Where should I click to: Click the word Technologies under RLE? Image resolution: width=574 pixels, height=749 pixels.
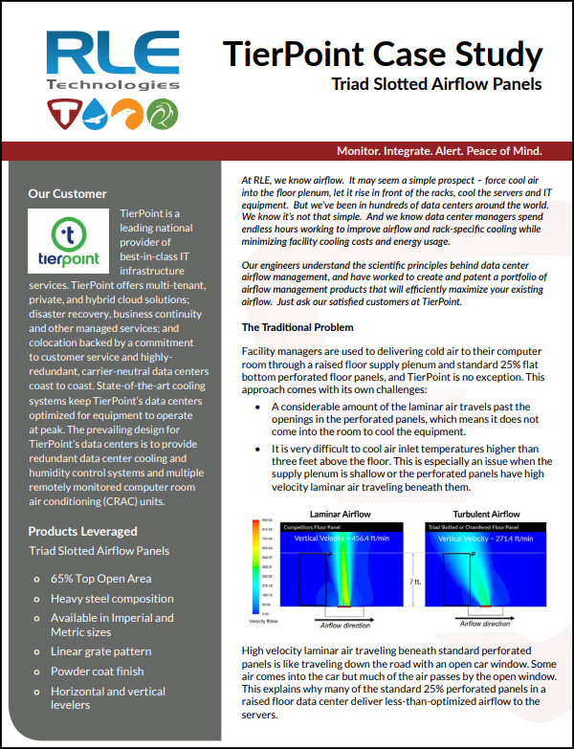tap(113, 86)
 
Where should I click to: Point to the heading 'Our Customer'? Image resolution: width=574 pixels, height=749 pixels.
tap(67, 193)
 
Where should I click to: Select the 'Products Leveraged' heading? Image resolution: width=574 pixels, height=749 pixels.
tap(82, 531)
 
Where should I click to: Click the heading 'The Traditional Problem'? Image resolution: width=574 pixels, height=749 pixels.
tap(298, 327)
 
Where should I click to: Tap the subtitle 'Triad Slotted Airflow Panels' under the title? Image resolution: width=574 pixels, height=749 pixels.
tap(436, 83)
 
